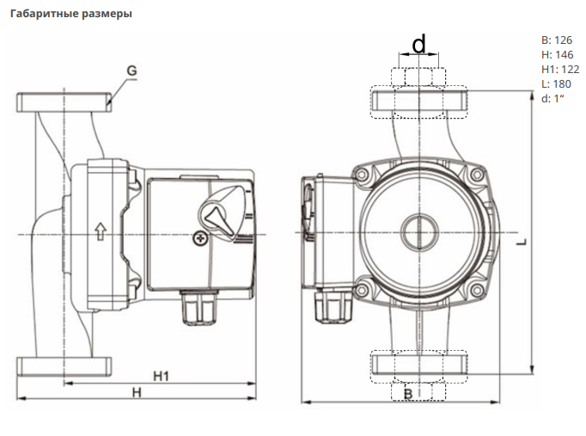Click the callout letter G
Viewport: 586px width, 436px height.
click(x=131, y=70)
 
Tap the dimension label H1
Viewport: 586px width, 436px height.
click(x=160, y=376)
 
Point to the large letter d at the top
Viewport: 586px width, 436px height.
click(x=419, y=43)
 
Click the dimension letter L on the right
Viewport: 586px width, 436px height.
click(x=522, y=243)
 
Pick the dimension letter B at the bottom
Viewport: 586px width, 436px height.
click(x=409, y=393)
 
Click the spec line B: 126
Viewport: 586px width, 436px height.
click(x=557, y=40)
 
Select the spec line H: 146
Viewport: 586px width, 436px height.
click(x=557, y=55)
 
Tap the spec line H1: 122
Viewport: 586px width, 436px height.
click(x=560, y=70)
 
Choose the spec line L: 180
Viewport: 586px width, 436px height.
click(x=556, y=84)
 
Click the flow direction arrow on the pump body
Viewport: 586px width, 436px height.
click(x=100, y=230)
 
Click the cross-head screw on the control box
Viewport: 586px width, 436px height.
click(x=202, y=237)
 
